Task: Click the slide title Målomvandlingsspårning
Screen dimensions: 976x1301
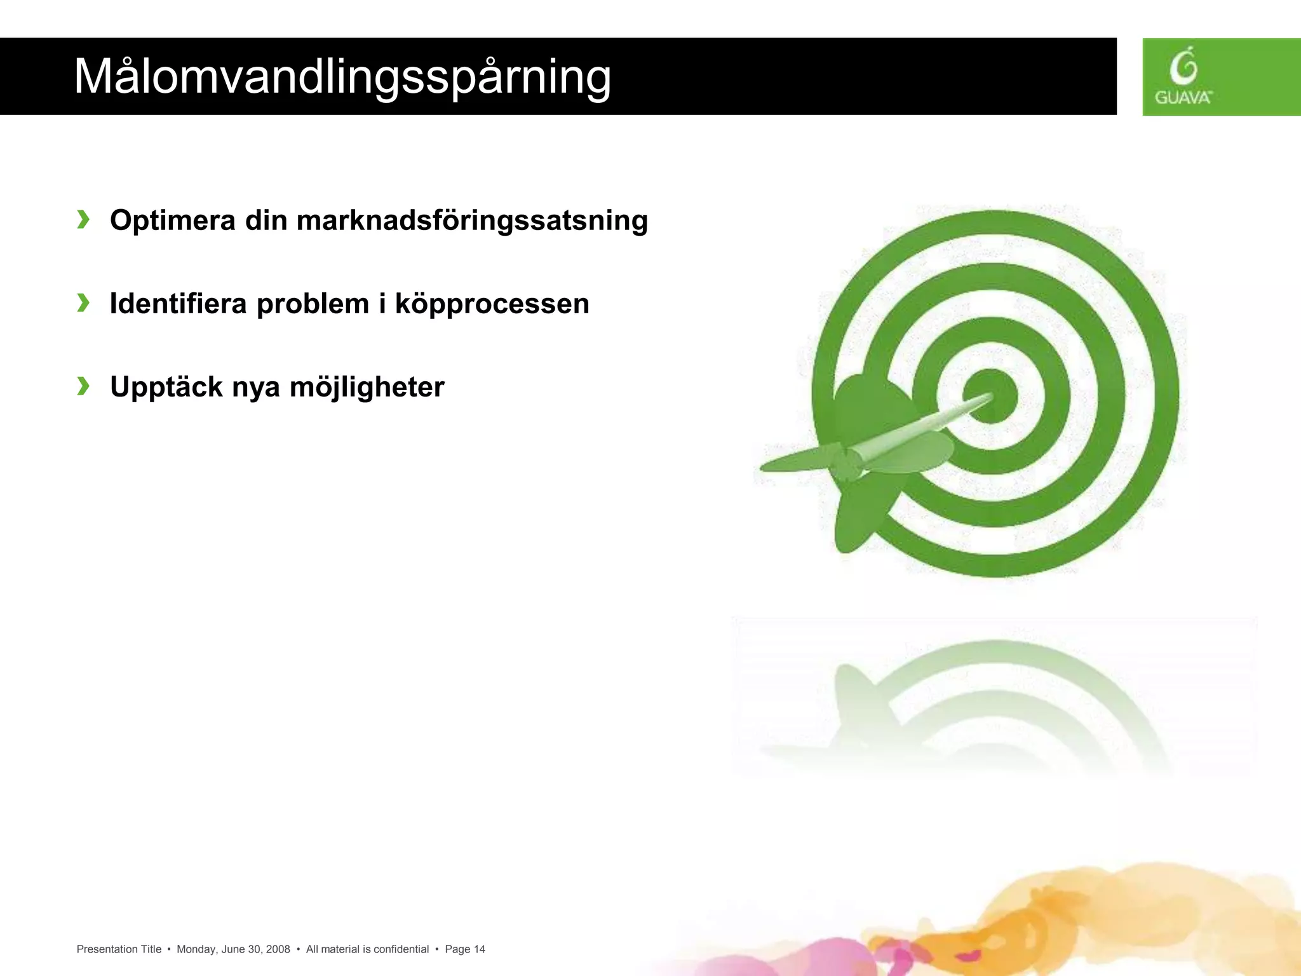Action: (x=342, y=77)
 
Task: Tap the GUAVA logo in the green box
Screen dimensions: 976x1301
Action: (x=1183, y=77)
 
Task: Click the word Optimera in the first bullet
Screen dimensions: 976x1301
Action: (x=172, y=221)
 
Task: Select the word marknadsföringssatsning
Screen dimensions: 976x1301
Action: (x=472, y=221)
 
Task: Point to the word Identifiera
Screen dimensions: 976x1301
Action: (x=178, y=304)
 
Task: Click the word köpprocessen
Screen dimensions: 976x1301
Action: (x=492, y=304)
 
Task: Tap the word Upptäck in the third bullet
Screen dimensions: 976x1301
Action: (x=166, y=387)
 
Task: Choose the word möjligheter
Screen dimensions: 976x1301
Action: (x=367, y=387)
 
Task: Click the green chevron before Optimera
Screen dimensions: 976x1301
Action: (x=83, y=220)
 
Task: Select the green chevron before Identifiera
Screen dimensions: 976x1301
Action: (x=83, y=303)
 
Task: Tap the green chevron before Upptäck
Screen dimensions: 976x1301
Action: (x=83, y=386)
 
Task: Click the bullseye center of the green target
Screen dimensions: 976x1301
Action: (x=991, y=396)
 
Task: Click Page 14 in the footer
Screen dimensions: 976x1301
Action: (x=465, y=949)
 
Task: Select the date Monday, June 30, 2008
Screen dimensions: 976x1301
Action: (x=233, y=949)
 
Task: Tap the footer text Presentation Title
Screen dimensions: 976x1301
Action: (x=119, y=949)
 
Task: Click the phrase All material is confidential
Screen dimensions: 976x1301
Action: (x=367, y=949)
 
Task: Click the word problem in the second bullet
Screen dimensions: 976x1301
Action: (x=313, y=304)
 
